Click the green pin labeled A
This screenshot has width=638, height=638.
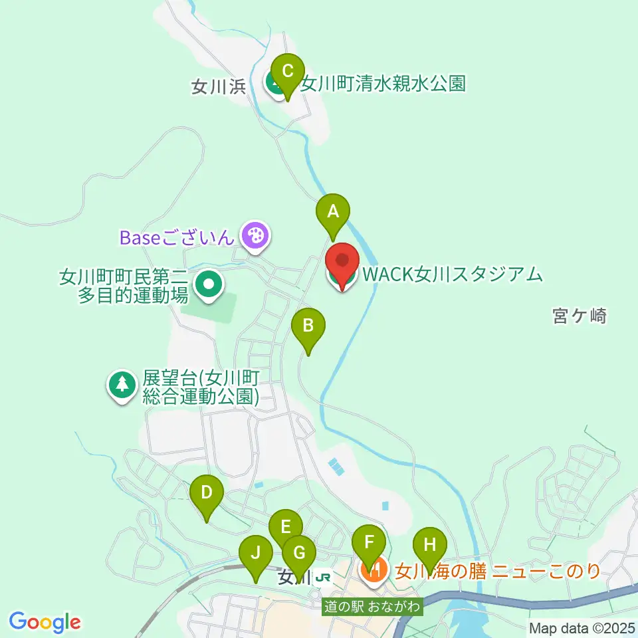[333, 213]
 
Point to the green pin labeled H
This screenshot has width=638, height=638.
[430, 547]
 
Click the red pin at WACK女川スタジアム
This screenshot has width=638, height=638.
[342, 263]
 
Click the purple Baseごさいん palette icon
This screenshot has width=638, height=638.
[254, 235]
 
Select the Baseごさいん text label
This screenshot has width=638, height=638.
[177, 236]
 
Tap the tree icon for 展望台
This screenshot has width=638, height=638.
[122, 384]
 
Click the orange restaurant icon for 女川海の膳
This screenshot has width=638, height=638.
[374, 570]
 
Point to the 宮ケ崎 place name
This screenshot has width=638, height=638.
[580, 316]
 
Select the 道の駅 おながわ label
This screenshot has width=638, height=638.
[372, 607]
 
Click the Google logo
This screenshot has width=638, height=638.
[45, 622]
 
